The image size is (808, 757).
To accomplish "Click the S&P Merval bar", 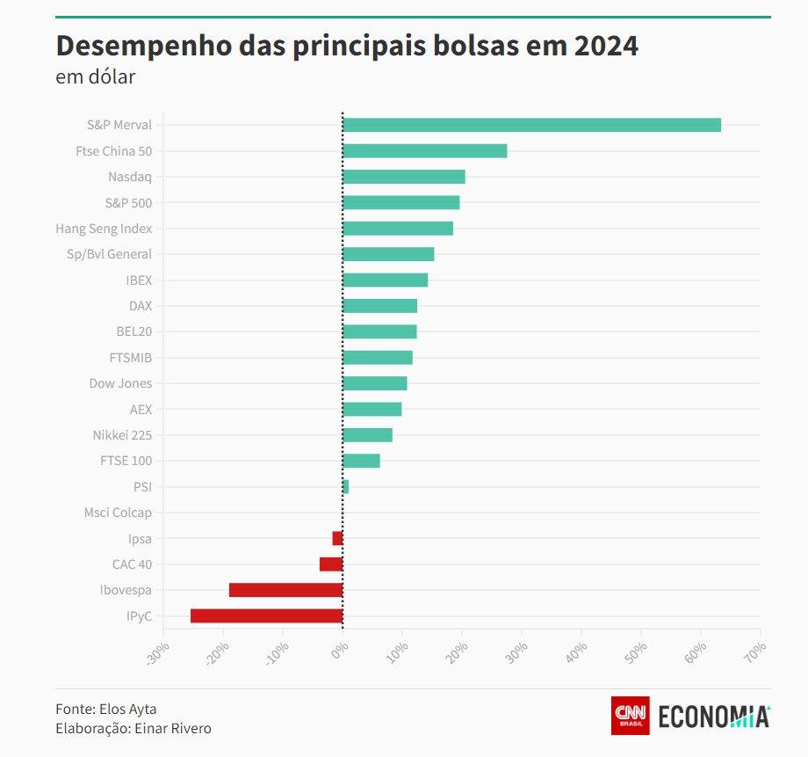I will tap(531, 125).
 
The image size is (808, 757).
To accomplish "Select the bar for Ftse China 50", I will tap(424, 150).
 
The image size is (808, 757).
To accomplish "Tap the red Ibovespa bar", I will tap(285, 590).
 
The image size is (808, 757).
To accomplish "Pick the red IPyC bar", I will tap(266, 615).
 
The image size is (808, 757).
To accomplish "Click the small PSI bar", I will tap(345, 486).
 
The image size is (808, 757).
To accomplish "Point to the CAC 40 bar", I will tap(331, 564).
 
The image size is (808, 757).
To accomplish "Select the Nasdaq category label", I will tap(130, 177).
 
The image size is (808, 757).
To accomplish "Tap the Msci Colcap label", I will tap(118, 513).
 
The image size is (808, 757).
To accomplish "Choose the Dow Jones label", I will tap(120, 383).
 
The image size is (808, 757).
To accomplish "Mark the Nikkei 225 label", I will tap(122, 435).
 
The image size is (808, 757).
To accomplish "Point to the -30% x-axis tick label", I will tap(158, 653).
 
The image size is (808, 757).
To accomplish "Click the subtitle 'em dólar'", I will tap(95, 76).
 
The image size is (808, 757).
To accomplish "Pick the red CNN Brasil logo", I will tap(630, 715).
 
